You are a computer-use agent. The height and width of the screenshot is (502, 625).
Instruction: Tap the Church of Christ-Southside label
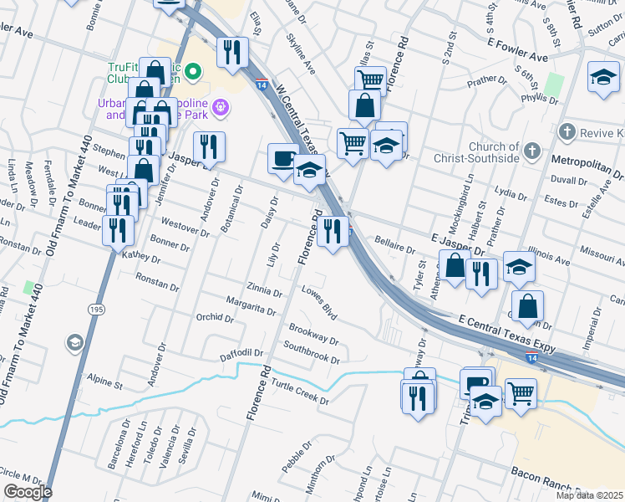coord(476,151)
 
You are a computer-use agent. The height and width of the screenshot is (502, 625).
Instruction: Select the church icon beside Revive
coord(567,132)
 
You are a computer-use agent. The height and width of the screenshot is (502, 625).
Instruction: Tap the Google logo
coord(27,491)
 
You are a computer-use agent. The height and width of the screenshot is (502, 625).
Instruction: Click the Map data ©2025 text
coord(589,495)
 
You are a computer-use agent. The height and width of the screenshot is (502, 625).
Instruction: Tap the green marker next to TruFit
coord(194,72)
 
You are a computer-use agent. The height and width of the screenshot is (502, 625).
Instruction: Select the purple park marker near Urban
coord(221,106)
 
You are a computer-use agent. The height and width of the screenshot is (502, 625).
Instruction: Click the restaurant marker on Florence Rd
coord(333,231)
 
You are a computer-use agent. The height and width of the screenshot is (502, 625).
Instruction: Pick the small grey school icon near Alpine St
coord(74,343)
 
